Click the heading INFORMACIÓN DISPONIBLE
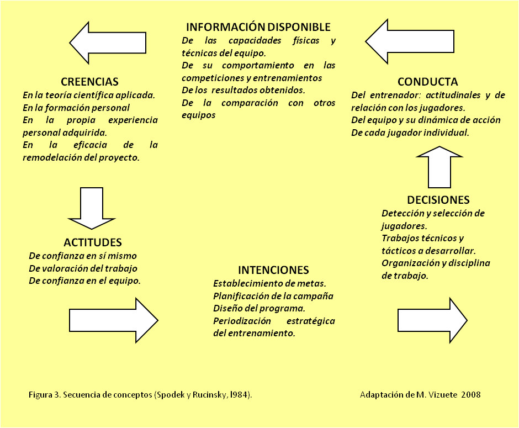click(258, 27)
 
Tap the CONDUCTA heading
click(427, 82)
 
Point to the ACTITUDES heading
click(93, 242)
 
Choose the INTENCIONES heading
click(273, 270)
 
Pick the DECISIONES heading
click(438, 200)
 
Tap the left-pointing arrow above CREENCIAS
click(108, 43)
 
